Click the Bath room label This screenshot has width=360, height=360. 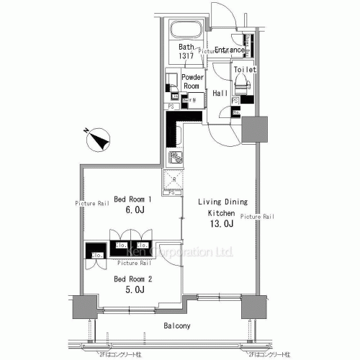tap(186, 47)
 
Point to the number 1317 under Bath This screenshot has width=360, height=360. tap(186, 55)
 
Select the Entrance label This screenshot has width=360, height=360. tap(230, 49)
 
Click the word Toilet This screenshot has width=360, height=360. tap(246, 69)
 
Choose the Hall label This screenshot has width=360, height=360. tap(220, 94)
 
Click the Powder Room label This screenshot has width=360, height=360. tap(191, 81)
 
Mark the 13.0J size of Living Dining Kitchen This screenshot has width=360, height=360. tap(222, 224)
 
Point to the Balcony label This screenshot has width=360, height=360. tap(175, 326)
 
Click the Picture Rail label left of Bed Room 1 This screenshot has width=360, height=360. tap(91, 204)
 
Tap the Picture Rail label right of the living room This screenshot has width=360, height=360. tap(257, 216)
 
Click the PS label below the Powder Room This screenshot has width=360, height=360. tap(171, 107)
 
